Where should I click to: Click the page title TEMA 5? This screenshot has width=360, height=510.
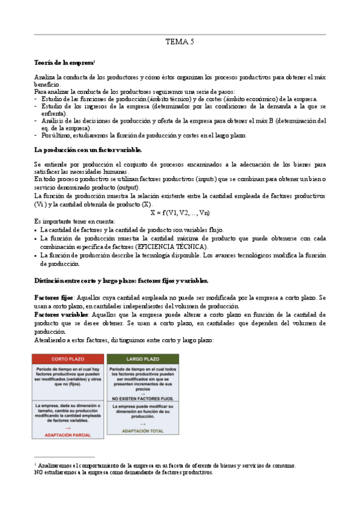click(180, 42)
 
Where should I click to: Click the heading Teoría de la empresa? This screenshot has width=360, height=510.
click(64, 63)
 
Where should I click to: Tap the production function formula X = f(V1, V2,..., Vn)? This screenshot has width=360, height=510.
click(180, 212)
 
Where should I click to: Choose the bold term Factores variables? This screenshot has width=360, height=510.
click(60, 315)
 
